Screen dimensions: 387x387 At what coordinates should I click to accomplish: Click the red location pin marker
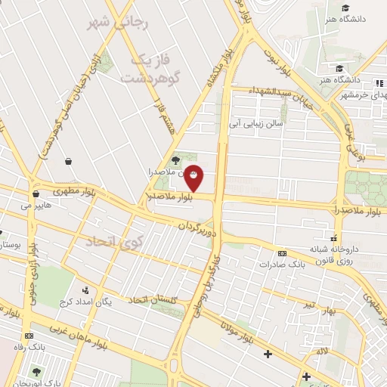coord(194,177)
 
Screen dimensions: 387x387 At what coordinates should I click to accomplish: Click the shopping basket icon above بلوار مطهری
coord(69,161)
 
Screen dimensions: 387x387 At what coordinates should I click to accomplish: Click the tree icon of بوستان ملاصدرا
coord(175,160)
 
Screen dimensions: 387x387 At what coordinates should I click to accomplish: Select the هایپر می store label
coord(36,205)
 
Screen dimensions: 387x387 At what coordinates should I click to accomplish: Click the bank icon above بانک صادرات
coord(282,253)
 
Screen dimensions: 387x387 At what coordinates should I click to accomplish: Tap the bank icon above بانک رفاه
coord(29,336)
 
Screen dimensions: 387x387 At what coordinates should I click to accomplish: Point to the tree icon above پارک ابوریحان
coord(37,371)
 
